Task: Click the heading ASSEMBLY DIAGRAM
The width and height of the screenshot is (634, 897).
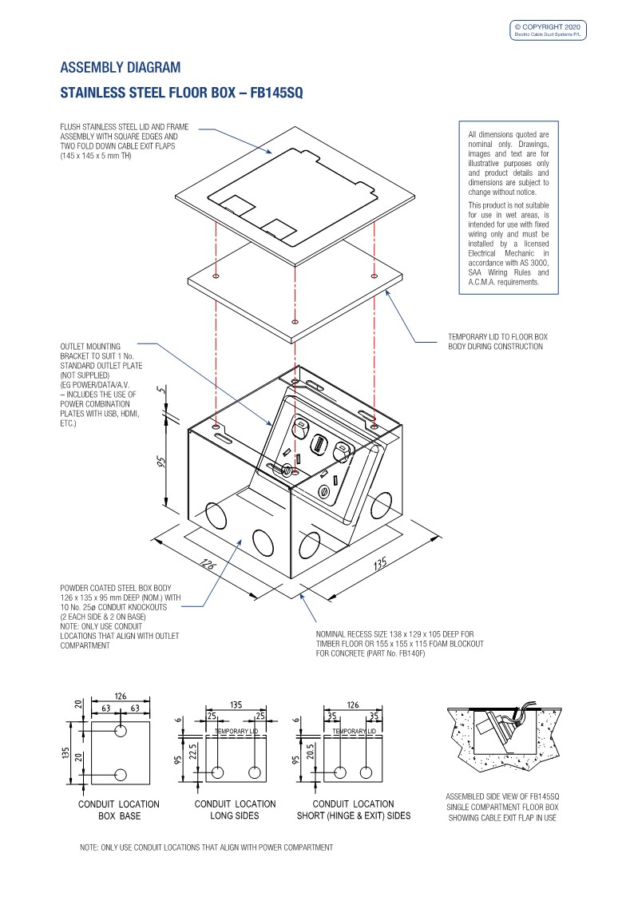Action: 121,67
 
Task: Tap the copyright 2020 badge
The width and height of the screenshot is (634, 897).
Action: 549,30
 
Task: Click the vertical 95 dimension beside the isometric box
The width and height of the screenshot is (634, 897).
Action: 162,463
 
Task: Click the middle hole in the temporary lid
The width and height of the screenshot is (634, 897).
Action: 295,312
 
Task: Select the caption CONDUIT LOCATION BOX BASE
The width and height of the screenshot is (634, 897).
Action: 118,809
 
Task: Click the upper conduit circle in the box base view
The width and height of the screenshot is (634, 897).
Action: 121,732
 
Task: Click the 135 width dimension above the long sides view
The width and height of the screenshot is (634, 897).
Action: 236,705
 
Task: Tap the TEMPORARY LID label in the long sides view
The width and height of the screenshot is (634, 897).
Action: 236,732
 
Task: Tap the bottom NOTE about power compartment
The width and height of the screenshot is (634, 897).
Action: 206,847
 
